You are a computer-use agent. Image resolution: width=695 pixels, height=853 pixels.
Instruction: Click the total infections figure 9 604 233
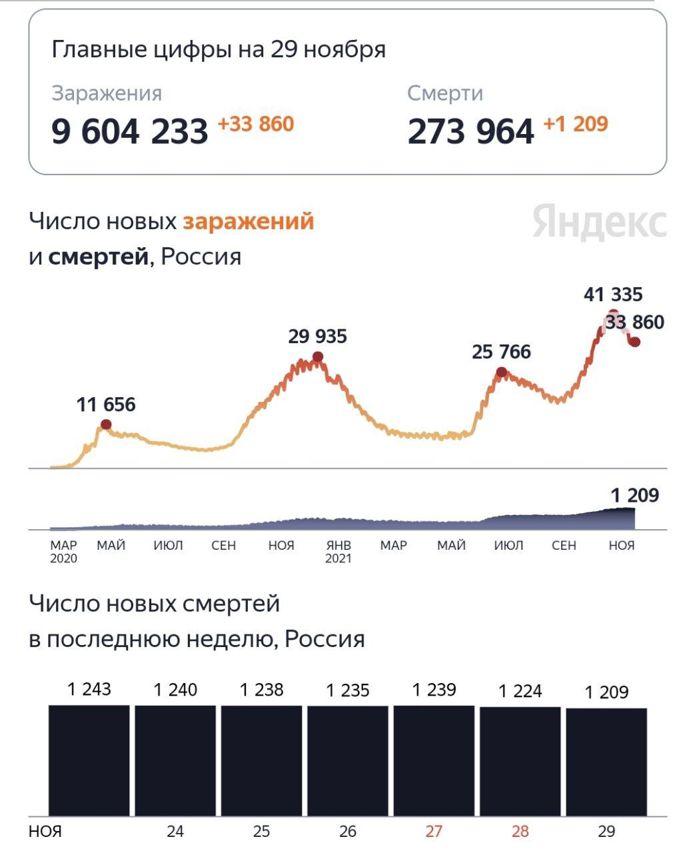pyautogui.click(x=130, y=131)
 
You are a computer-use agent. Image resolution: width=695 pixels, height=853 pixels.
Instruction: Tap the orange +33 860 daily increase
pyautogui.click(x=256, y=124)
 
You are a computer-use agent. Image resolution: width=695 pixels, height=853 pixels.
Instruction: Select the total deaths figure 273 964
pyautogui.click(x=470, y=131)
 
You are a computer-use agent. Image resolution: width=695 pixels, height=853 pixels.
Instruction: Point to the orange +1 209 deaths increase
pyautogui.click(x=576, y=124)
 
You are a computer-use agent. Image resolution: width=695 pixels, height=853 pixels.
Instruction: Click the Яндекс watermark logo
pyautogui.click(x=599, y=223)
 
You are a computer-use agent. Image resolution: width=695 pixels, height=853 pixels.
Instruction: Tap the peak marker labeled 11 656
pyautogui.click(x=106, y=425)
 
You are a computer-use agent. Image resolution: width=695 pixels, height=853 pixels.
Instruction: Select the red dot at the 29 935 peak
pyautogui.click(x=318, y=357)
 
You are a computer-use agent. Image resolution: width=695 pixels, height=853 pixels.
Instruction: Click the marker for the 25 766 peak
pyautogui.click(x=502, y=372)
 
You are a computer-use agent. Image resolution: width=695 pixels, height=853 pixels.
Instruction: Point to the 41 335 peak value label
pyautogui.click(x=613, y=294)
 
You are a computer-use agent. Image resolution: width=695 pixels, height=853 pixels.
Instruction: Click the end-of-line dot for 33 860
pyautogui.click(x=635, y=342)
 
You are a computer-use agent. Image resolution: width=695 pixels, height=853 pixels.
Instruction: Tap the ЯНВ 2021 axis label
pyautogui.click(x=339, y=552)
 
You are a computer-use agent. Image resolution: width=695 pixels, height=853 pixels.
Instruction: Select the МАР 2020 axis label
pyautogui.click(x=63, y=552)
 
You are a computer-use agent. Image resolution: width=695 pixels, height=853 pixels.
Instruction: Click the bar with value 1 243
pyautogui.click(x=89, y=760)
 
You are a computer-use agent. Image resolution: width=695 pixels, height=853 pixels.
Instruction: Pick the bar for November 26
pyautogui.click(x=347, y=760)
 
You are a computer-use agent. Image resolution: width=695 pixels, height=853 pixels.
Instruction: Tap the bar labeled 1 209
pyautogui.click(x=606, y=761)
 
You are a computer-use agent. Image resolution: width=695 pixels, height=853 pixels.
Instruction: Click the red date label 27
pyautogui.click(x=434, y=831)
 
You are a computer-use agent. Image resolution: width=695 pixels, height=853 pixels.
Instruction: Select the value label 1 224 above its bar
pyautogui.click(x=520, y=691)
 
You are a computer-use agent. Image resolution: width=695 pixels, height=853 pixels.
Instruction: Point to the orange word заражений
pyautogui.click(x=249, y=221)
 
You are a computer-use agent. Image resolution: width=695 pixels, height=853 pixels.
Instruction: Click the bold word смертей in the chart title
pyautogui.click(x=98, y=257)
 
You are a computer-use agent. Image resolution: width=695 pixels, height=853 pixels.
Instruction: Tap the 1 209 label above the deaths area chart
pyautogui.click(x=635, y=495)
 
